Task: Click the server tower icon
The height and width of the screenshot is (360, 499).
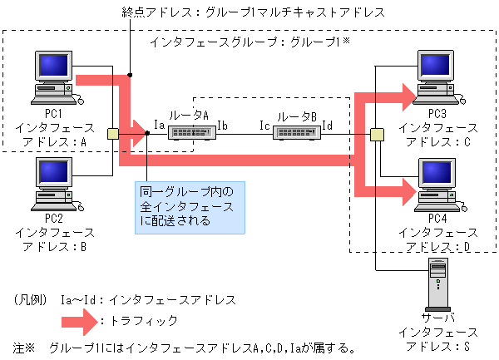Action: pyautogui.click(x=438, y=283)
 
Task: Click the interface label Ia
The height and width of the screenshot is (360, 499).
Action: pyautogui.click(x=159, y=125)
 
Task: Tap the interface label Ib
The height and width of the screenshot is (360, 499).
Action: pyautogui.click(x=222, y=125)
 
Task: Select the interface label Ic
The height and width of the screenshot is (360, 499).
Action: pyautogui.click(x=264, y=125)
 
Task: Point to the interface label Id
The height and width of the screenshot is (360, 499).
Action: pyautogui.click(x=328, y=125)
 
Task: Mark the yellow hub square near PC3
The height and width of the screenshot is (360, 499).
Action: pyautogui.click(x=377, y=134)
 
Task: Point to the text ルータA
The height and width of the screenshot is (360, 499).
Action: pyautogui.click(x=188, y=116)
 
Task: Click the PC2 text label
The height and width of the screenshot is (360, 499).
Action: pyautogui.click(x=54, y=218)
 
